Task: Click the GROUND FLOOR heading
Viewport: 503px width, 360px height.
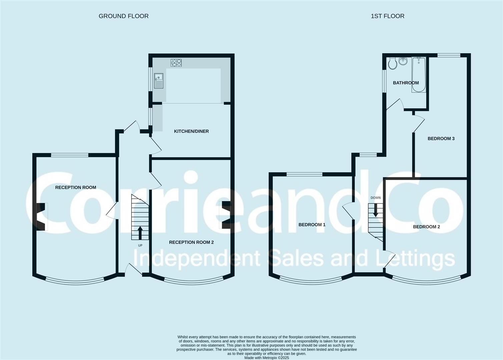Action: pyautogui.click(x=123, y=16)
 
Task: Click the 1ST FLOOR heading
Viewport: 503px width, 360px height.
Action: pyautogui.click(x=387, y=16)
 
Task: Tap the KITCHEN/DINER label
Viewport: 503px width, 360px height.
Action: pyautogui.click(x=191, y=131)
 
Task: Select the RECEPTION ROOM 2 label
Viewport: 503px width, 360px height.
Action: pyautogui.click(x=191, y=242)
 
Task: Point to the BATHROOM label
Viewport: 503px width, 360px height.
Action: pyautogui.click(x=406, y=83)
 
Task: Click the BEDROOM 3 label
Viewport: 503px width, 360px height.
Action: pyautogui.click(x=441, y=139)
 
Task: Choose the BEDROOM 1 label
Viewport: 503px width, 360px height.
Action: pyautogui.click(x=312, y=225)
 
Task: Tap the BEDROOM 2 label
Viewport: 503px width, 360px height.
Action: pyautogui.click(x=426, y=227)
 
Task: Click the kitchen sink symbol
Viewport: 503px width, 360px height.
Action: pyautogui.click(x=158, y=81)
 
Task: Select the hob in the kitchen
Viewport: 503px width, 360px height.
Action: pyautogui.click(x=176, y=63)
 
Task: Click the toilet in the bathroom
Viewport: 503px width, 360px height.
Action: pyautogui.click(x=392, y=63)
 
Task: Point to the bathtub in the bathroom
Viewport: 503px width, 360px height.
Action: pyautogui.click(x=419, y=75)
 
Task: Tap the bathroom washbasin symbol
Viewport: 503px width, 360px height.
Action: pyautogui.click(x=404, y=61)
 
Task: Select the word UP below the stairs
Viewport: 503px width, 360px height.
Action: pyautogui.click(x=140, y=246)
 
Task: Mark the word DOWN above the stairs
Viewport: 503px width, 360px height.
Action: pyautogui.click(x=376, y=198)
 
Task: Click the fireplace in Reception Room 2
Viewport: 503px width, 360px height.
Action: pyautogui.click(x=225, y=215)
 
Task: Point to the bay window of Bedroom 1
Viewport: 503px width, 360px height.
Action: pyautogui.click(x=311, y=282)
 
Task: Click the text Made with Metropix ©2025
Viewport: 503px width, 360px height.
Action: pyautogui.click(x=267, y=358)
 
